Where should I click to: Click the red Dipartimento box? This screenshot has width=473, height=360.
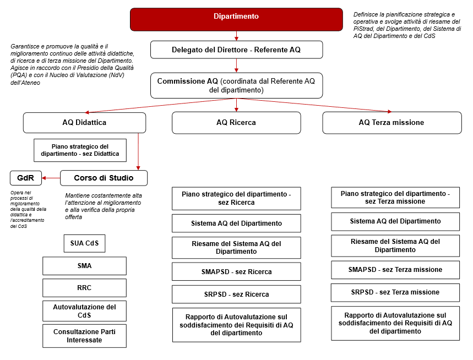[236, 19]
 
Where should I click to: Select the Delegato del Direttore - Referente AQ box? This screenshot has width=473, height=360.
[237, 50]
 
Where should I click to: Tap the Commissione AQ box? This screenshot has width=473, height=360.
[237, 85]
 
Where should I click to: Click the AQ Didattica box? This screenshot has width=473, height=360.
[84, 123]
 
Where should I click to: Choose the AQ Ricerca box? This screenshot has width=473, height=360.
[236, 123]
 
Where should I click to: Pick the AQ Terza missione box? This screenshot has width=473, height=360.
[392, 123]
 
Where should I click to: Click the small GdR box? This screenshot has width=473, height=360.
[26, 178]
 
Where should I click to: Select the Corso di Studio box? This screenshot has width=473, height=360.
[104, 178]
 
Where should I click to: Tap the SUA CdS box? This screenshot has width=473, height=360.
[84, 243]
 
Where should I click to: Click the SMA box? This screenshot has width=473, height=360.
[84, 266]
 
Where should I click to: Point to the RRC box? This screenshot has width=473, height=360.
[84, 288]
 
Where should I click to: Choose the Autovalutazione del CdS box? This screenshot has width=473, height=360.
[84, 311]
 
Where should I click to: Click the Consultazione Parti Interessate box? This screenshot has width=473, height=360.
[84, 336]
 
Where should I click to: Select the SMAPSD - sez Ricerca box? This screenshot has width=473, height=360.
[236, 272]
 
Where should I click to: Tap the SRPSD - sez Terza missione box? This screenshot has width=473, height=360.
[395, 292]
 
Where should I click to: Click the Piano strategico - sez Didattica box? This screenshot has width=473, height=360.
[80, 150]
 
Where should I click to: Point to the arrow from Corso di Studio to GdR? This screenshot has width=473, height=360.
[51, 178]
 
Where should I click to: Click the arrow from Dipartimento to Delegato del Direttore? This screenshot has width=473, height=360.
[237, 36]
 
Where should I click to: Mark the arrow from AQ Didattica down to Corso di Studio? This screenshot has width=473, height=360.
[138, 152]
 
